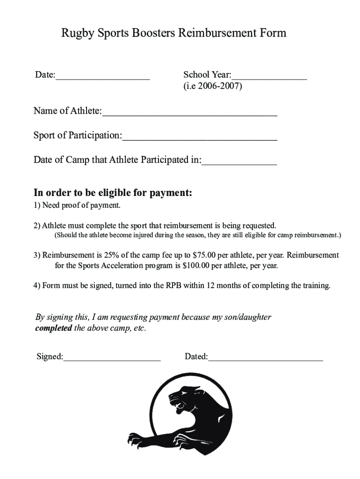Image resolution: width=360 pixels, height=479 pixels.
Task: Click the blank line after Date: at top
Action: point(102,78)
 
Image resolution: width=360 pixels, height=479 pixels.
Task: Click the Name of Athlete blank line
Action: point(189,114)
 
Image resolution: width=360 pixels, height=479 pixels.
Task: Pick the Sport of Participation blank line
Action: point(200,138)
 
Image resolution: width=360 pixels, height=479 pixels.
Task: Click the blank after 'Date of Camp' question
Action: point(239,163)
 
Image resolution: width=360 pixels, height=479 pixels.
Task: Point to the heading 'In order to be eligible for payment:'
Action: point(113,193)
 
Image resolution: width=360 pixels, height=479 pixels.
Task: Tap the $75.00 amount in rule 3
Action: point(205,255)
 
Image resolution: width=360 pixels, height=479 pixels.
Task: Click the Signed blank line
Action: point(112,359)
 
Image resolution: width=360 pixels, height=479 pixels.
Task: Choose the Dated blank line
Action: point(266,359)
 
